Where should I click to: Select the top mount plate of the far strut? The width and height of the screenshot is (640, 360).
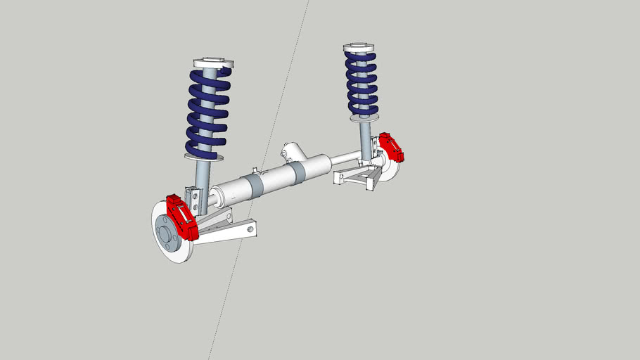coord(359,48)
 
